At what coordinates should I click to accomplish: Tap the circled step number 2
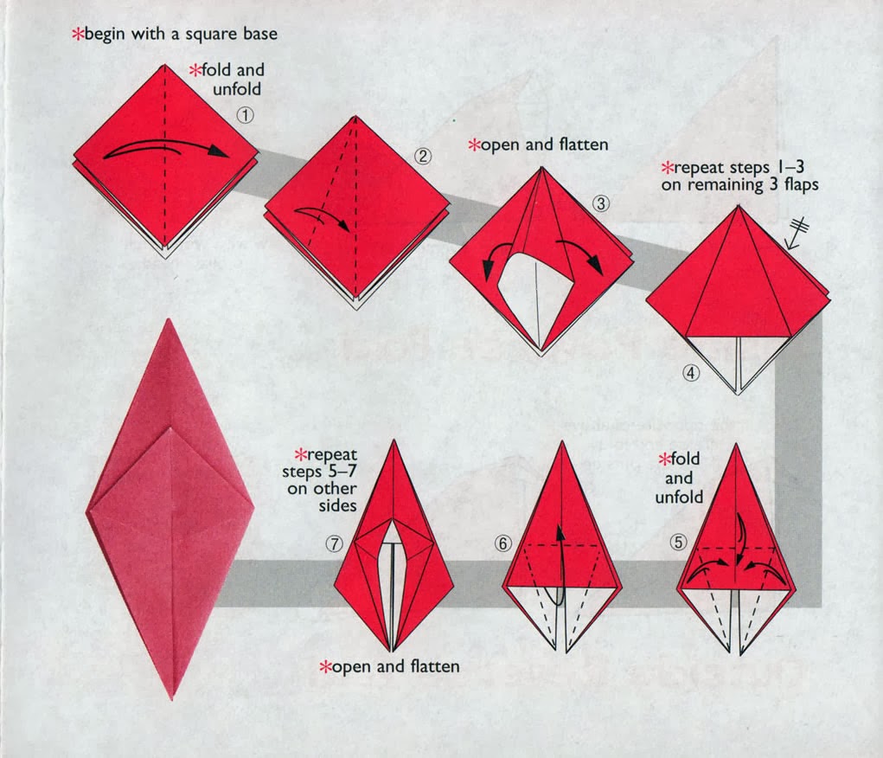point(422,156)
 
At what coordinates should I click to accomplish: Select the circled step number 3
point(602,204)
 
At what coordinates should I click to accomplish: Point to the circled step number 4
point(690,374)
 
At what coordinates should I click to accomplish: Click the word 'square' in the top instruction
point(201,35)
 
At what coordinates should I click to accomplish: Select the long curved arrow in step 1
point(164,151)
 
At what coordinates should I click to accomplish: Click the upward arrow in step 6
point(560,562)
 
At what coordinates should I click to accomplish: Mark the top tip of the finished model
point(170,320)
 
